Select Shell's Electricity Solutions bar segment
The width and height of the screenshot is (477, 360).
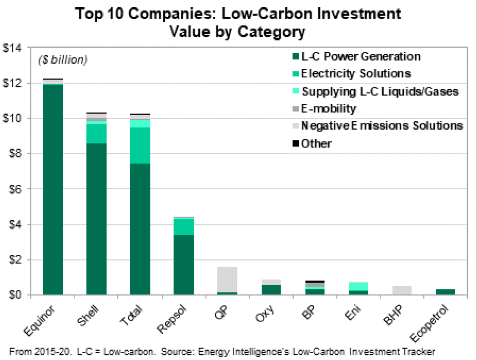pyautogui.click(x=96, y=133)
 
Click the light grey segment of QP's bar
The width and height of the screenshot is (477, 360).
pyautogui.click(x=227, y=279)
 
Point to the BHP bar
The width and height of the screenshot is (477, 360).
pyautogui.click(x=402, y=290)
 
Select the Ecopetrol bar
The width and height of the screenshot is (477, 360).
pyautogui.click(x=445, y=292)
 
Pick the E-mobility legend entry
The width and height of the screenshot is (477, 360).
pyautogui.click(x=329, y=108)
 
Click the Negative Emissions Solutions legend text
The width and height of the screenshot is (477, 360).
pyautogui.click(x=382, y=126)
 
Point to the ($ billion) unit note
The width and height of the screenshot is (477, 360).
pyautogui.click(x=62, y=60)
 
